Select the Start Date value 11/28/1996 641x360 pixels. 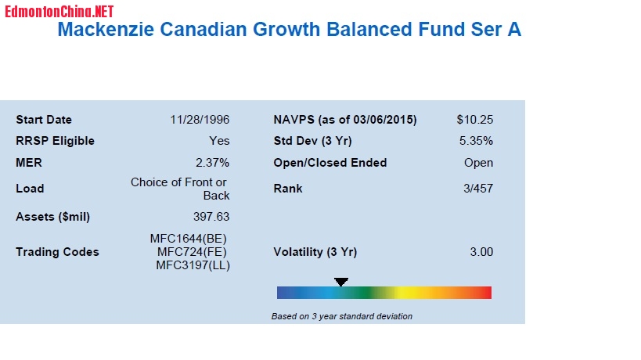tap(200, 120)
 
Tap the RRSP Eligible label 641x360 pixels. tap(55, 141)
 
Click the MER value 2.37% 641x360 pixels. tap(212, 163)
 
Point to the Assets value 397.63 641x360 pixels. tap(211, 217)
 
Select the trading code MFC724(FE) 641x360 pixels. tap(193, 252)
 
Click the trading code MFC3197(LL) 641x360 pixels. tap(193, 265)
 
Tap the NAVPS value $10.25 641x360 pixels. tap(475, 120)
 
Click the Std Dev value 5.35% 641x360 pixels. tap(476, 141)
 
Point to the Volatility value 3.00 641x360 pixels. tap(481, 252)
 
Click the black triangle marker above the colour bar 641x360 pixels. tap(341, 281)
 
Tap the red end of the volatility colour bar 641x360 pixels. tap(485, 293)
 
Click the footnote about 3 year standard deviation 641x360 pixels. tap(341, 316)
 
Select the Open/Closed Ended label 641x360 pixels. tap(330, 163)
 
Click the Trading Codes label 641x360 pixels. tap(57, 252)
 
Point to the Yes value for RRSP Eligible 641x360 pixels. tap(219, 141)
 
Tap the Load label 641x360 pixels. tap(30, 189)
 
